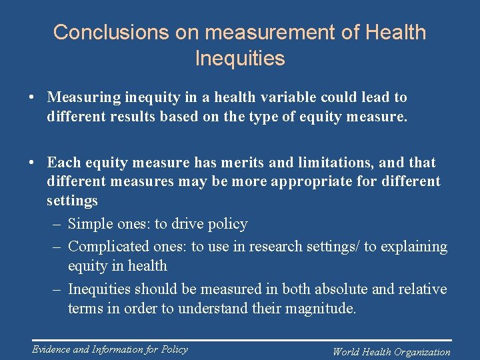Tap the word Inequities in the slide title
(240, 58)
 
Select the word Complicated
(109, 246)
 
